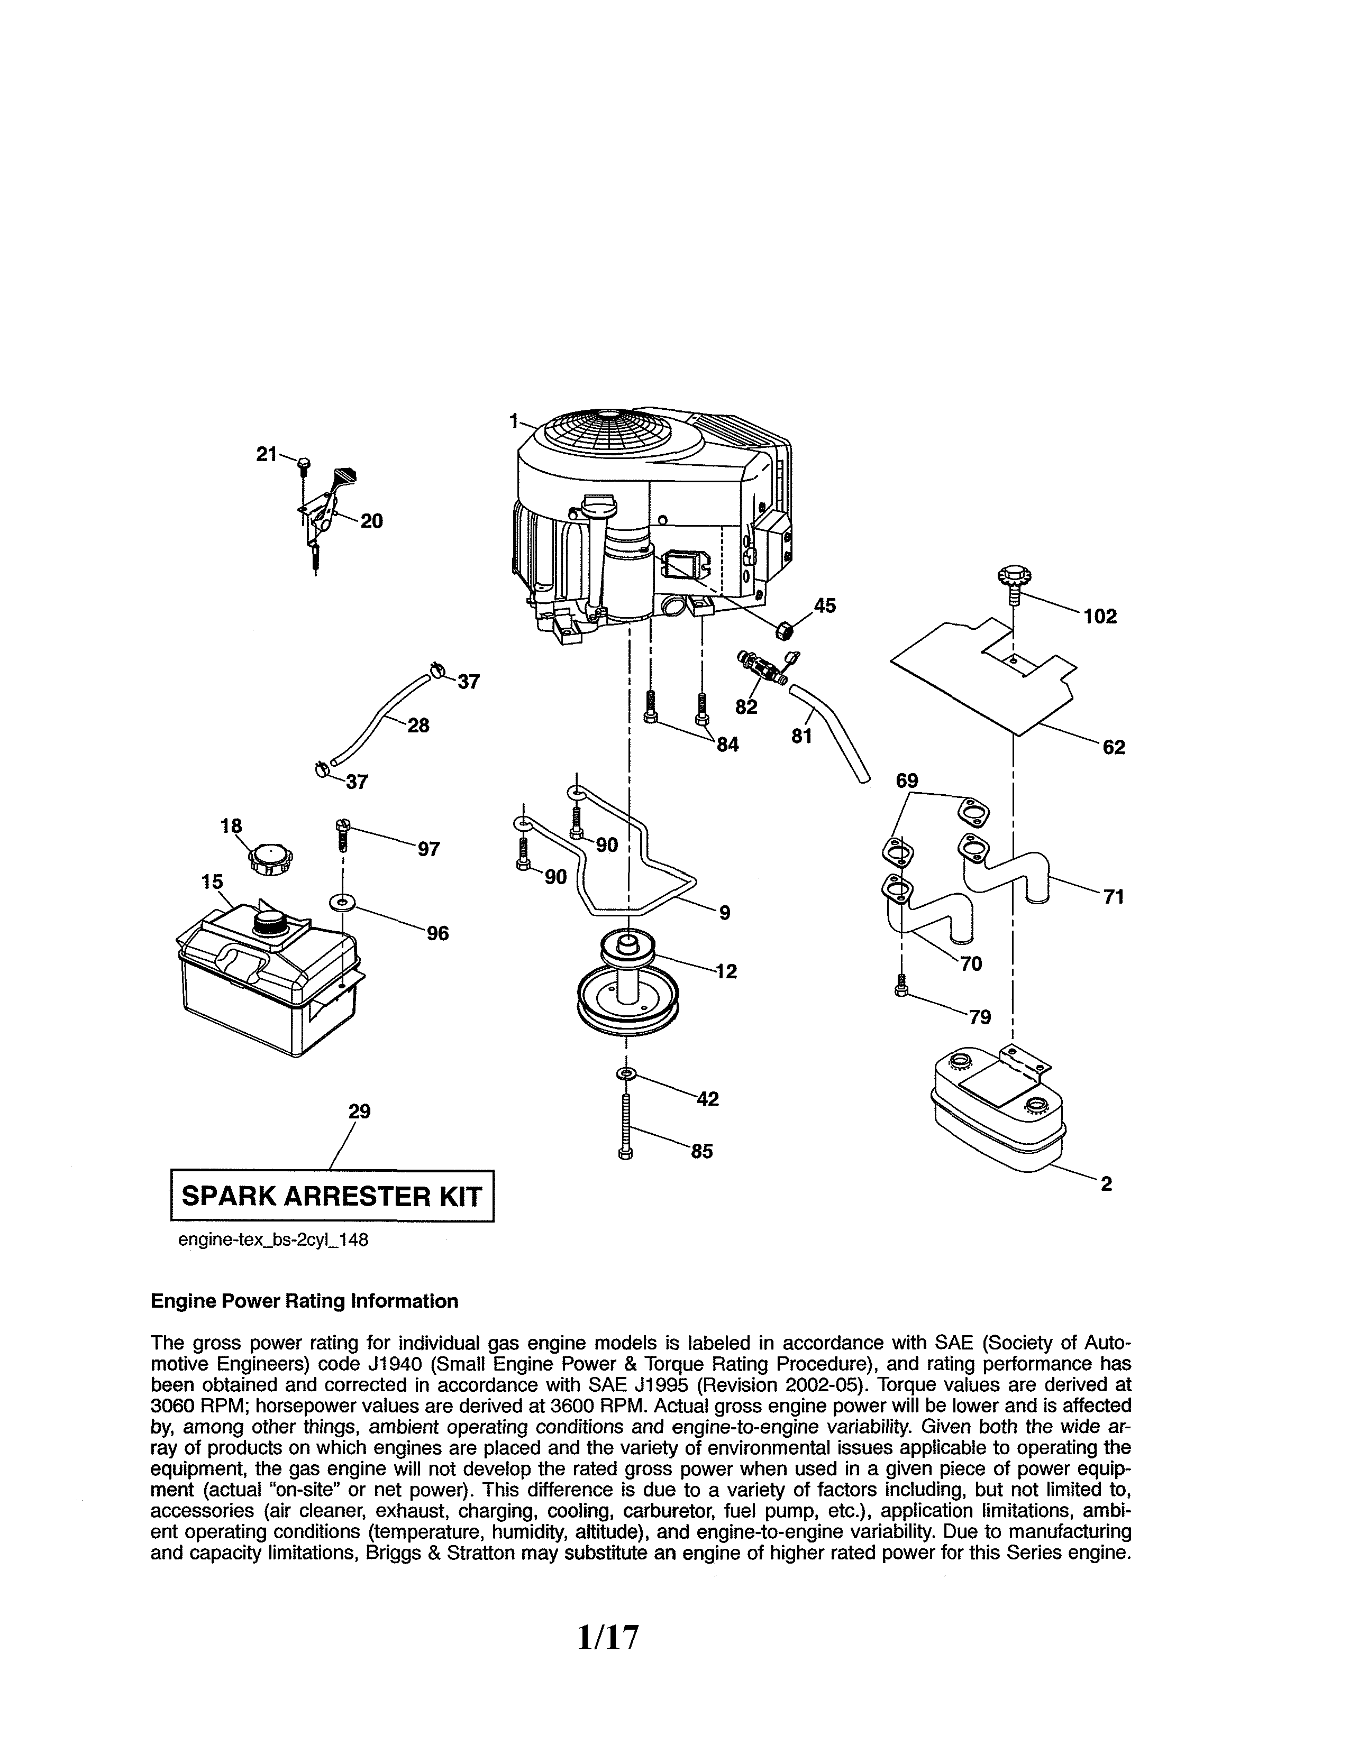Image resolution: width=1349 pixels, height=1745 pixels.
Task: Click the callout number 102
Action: [1100, 616]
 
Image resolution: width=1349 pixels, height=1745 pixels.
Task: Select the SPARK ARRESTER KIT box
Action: [332, 1196]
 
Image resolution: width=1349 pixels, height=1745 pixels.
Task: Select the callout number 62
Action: [1113, 747]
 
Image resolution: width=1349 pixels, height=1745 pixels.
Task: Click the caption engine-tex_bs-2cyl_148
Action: [272, 1241]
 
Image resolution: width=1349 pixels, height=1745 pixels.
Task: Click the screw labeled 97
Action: [343, 834]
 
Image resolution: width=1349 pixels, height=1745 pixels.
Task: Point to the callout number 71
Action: [1113, 897]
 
